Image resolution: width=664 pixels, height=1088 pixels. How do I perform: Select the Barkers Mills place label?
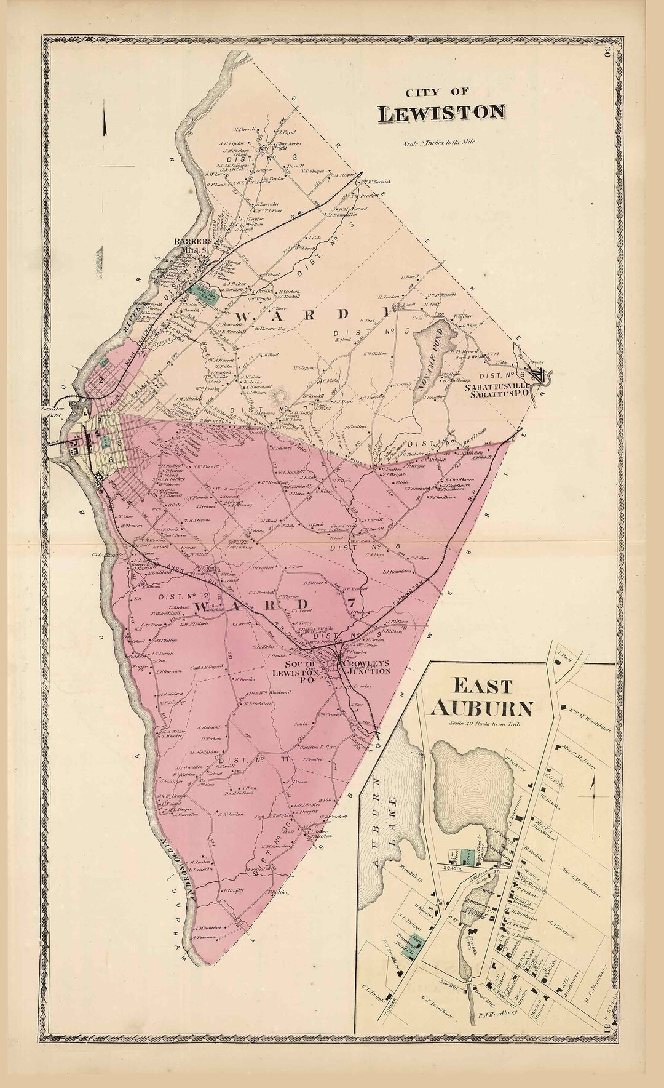pos(192,246)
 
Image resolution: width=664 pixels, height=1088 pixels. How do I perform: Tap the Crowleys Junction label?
pos(366,667)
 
